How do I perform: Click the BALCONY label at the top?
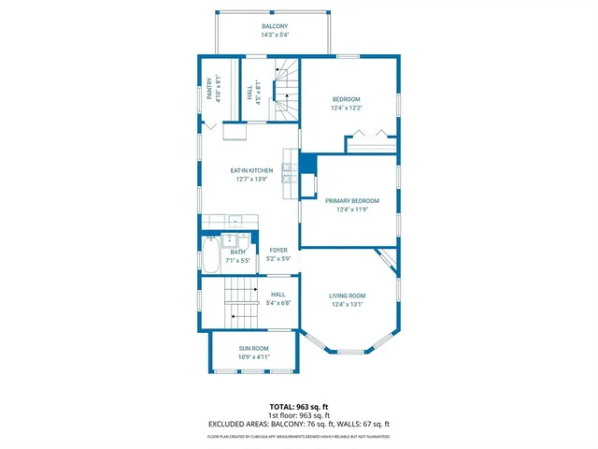tap(275, 27)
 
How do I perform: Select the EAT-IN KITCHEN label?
tap(251, 170)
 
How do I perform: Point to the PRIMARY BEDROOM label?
tap(351, 200)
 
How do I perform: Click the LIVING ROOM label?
tap(347, 296)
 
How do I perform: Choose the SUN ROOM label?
tap(252, 348)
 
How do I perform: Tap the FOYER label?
tap(278, 250)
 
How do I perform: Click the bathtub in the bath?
tap(211, 255)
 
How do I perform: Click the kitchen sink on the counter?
tap(235, 222)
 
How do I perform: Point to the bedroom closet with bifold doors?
tap(371, 144)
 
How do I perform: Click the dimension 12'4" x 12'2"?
tap(346, 108)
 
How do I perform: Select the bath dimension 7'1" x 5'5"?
tap(238, 260)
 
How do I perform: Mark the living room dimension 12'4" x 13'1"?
tap(347, 304)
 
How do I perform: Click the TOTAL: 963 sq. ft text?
tap(298, 407)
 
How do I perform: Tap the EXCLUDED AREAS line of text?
tap(298, 424)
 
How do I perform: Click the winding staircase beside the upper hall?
tap(284, 90)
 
